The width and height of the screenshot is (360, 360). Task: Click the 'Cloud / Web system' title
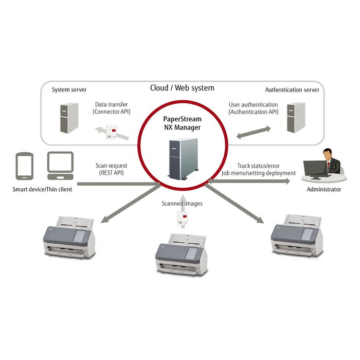click(182, 88)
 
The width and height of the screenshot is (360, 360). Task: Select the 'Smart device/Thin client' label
click(43, 189)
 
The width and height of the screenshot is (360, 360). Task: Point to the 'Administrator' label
click(323, 189)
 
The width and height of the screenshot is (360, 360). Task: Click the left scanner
click(70, 236)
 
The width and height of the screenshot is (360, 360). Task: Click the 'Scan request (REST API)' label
click(111, 169)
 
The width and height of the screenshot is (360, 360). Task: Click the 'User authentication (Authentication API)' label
click(253, 107)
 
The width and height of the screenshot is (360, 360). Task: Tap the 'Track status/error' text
click(258, 166)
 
